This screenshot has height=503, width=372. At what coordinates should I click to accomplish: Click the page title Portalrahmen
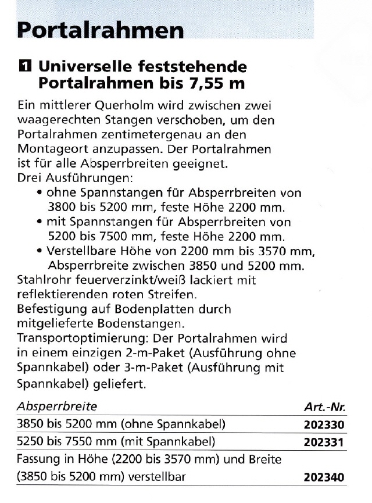[x=101, y=29]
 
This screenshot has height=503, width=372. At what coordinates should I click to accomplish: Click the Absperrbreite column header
[x=57, y=406]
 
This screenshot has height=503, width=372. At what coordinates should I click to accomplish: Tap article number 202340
[x=324, y=477]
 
